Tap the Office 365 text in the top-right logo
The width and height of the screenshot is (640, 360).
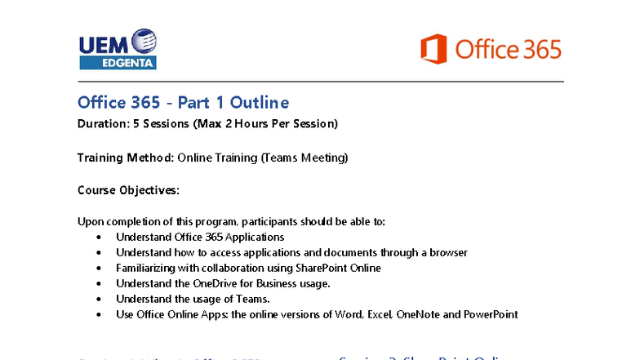coord(508,49)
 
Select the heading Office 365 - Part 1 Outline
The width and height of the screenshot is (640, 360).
coord(183,102)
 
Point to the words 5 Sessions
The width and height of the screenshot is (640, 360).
coord(155,124)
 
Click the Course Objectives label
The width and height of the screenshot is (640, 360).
coord(128,189)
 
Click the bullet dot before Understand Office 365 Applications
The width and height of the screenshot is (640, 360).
coord(99,238)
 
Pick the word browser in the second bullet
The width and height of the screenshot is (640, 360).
coord(447,252)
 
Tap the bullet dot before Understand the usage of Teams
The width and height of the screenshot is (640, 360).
coord(99,299)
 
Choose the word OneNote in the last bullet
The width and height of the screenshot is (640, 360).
coord(417,314)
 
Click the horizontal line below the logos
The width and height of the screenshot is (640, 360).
coord(320,82)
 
